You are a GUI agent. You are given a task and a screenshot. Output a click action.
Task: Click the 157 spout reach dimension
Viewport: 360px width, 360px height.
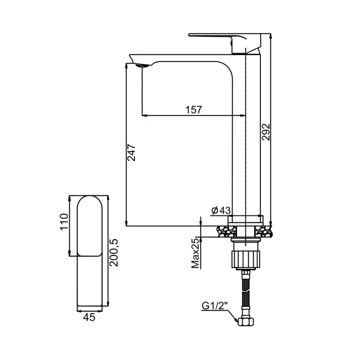[x=194, y=110]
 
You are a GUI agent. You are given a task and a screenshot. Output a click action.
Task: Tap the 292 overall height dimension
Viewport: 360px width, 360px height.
[x=266, y=132]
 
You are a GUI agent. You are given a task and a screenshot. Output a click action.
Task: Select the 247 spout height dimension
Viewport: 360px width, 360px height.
[x=131, y=153]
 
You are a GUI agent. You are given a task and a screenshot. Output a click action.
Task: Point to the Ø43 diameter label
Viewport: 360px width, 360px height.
[x=221, y=210]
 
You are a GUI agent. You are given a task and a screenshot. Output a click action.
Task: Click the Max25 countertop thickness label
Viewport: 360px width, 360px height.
[x=196, y=253]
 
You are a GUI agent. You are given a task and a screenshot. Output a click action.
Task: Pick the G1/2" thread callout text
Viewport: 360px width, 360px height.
[x=215, y=305]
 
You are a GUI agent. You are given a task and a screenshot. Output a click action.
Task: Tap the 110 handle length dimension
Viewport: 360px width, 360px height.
[x=64, y=222]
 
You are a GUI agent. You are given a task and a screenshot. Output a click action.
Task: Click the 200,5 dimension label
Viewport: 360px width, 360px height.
[x=113, y=252]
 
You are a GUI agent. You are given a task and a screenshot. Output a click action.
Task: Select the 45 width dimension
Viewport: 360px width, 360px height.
[x=89, y=318]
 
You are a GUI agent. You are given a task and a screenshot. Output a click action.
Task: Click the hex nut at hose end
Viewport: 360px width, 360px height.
[x=246, y=321]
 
